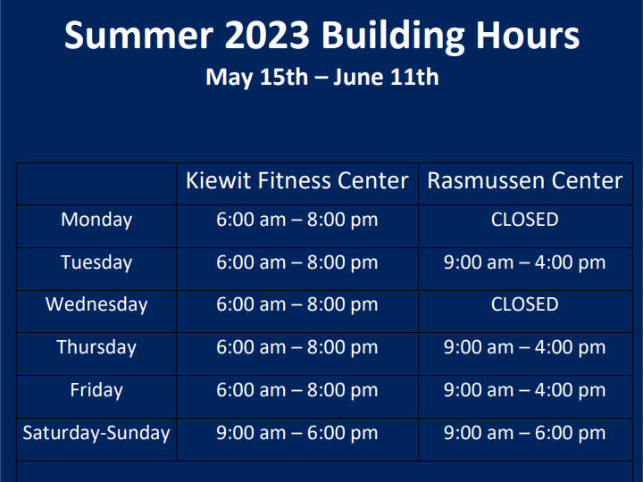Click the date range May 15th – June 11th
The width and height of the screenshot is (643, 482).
(321, 77)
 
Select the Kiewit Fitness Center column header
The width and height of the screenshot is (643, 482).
(296, 180)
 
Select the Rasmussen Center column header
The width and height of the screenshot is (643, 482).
(524, 180)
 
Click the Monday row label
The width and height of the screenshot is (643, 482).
(96, 220)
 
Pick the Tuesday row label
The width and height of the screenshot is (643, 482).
(96, 262)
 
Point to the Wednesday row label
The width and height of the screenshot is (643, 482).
(96, 304)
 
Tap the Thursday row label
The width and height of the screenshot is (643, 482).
(96, 347)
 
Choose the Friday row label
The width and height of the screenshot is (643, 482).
(96, 390)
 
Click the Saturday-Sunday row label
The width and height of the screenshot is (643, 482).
(96, 433)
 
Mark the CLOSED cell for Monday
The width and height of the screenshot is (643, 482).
(524, 220)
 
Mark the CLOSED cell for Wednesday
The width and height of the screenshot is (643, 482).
(524, 304)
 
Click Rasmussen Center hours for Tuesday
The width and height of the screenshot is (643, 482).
(524, 262)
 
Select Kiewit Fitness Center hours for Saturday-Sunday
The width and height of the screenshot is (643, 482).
(296, 433)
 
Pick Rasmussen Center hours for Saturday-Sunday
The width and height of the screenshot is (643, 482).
(524, 433)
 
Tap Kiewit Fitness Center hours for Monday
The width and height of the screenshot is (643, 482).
(296, 220)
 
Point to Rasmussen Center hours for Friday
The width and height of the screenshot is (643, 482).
(524, 390)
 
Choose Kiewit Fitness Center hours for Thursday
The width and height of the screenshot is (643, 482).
(296, 347)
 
